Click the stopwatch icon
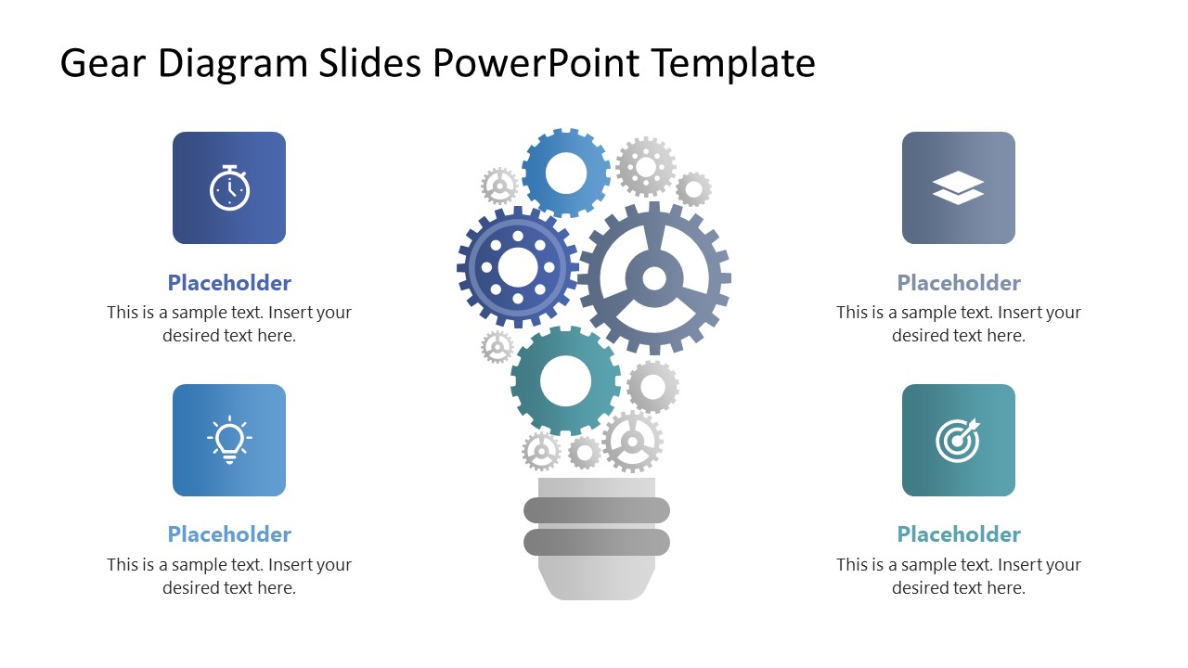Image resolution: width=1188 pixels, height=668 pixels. coord(229,188)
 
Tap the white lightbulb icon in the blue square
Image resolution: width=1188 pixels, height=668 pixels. coord(229,440)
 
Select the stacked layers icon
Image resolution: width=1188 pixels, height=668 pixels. coord(958,188)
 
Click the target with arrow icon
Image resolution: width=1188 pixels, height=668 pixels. coord(958,440)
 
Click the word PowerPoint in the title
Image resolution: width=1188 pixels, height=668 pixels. coord(536,64)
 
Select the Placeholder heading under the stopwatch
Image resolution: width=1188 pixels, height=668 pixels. coord(229,283)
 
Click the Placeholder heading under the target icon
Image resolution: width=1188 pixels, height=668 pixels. coord(959,534)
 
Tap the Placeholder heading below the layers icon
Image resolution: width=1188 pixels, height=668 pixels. coord(959,283)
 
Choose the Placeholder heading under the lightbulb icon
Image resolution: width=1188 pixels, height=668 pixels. coord(229,534)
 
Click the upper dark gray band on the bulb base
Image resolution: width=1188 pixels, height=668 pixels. coord(597,509)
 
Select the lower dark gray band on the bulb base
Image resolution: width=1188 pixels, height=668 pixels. coord(597,542)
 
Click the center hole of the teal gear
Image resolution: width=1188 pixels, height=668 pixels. coord(565,380)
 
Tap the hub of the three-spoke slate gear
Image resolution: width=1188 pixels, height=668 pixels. coord(654,277)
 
